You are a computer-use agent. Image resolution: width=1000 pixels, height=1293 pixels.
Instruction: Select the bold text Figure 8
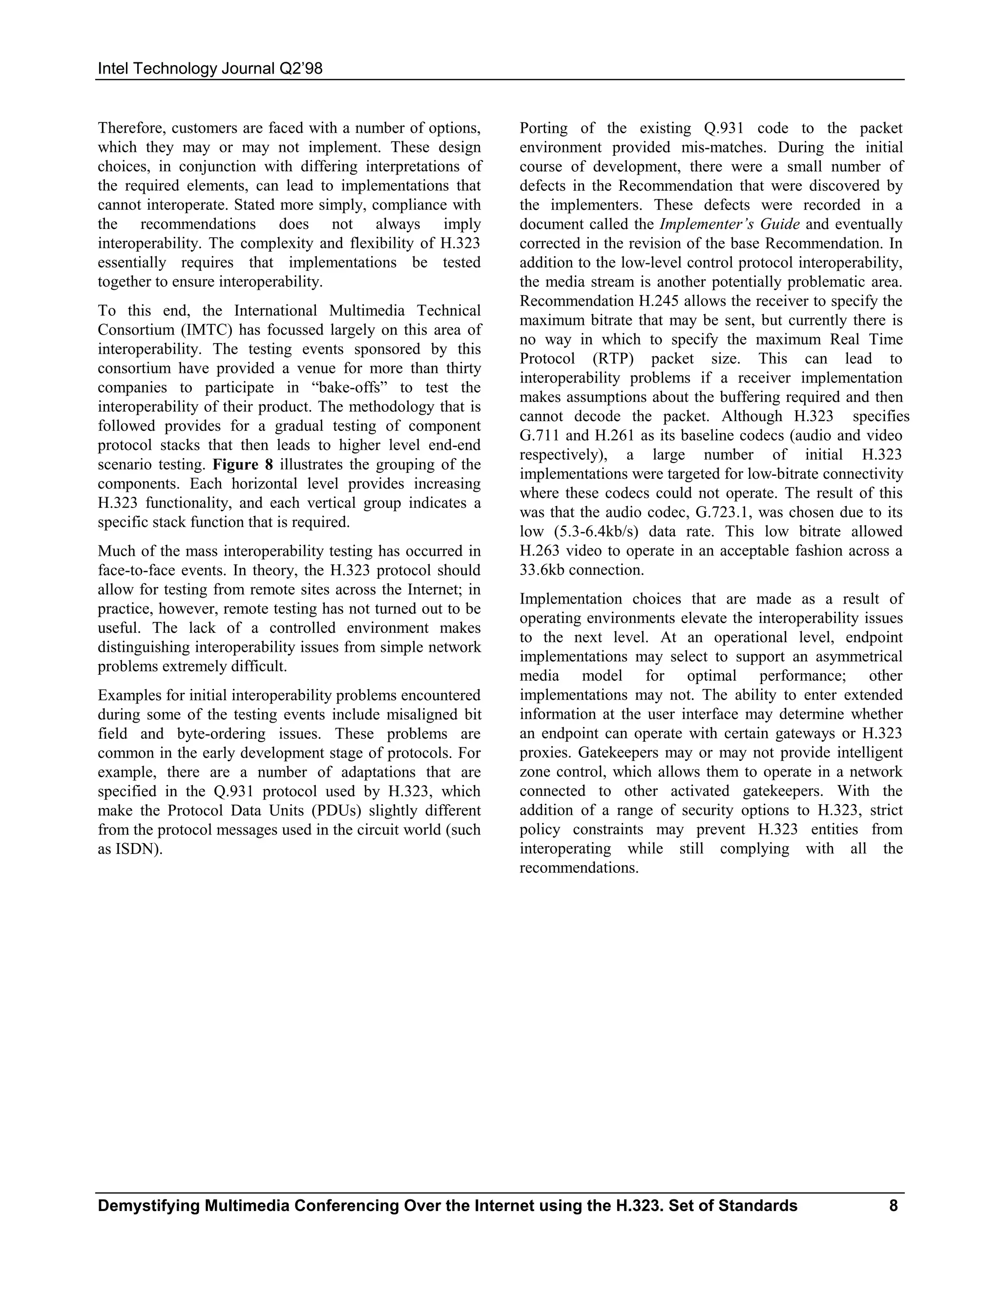pyautogui.click(x=243, y=465)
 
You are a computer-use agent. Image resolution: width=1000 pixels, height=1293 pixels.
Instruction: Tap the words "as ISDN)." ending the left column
pyautogui.click(x=130, y=849)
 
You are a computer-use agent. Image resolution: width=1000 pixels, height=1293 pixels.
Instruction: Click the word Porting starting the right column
pyautogui.click(x=543, y=128)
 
